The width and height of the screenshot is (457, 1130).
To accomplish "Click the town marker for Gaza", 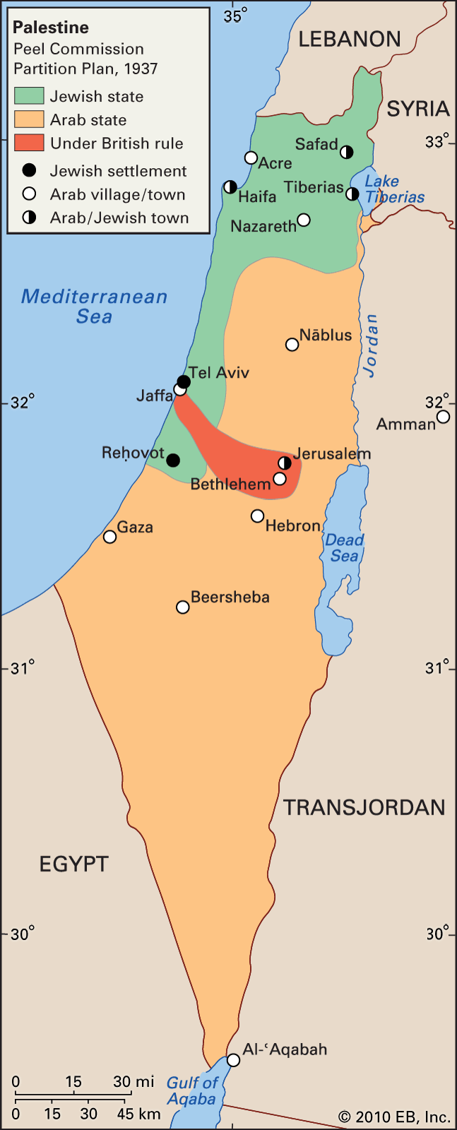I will tap(109, 537).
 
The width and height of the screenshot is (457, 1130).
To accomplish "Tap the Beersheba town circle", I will tap(183, 607).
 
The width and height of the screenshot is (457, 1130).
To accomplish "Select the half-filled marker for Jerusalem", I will tap(285, 463).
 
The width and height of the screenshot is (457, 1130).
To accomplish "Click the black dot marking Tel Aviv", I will tap(184, 382).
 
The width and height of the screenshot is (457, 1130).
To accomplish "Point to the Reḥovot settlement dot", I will tap(173, 460).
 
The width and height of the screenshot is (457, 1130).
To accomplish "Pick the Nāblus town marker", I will tap(292, 345).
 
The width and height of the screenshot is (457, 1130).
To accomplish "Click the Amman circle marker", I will tap(443, 417).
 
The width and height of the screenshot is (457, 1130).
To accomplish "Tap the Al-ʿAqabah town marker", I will tap(233, 1061).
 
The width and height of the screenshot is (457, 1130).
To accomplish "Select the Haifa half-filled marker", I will tap(230, 187).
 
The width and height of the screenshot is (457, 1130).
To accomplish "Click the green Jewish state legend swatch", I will tap(29, 96).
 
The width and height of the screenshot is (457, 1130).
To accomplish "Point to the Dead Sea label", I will tap(344, 548).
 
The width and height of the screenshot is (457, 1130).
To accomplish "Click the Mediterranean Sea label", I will tap(94, 306).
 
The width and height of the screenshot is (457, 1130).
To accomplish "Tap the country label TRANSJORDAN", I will tap(364, 807).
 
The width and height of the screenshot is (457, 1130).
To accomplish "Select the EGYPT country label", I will tap(73, 864).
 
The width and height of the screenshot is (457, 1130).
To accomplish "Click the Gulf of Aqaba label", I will tap(191, 1091).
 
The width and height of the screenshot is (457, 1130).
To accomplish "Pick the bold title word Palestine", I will tap(51, 28).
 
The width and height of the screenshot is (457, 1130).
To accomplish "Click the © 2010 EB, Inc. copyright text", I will tap(394, 1117).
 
